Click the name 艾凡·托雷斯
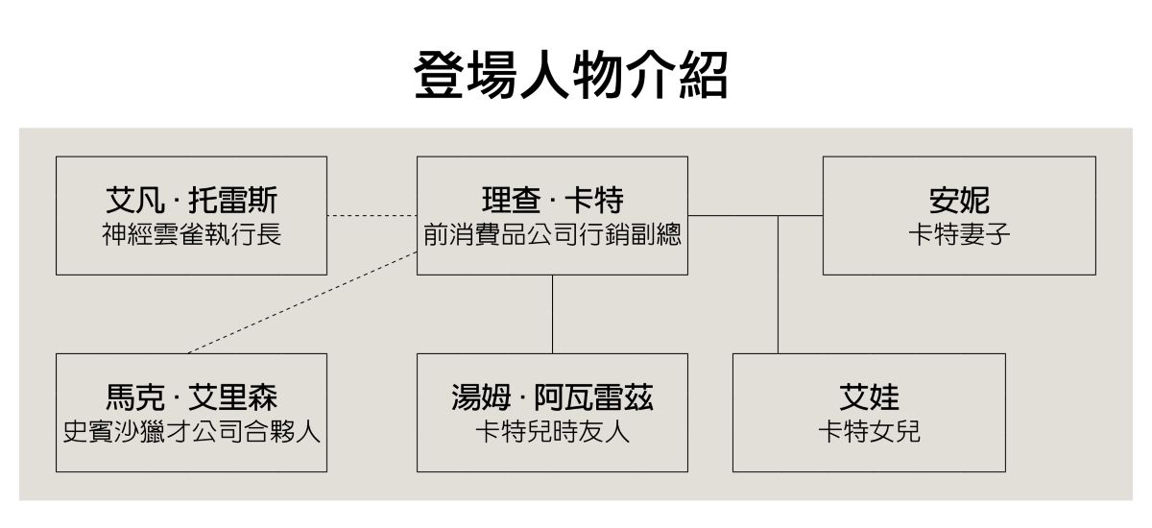(191, 201)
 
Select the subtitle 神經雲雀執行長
(191, 234)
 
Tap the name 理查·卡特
(552, 201)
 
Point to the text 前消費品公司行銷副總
(552, 234)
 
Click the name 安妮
(959, 201)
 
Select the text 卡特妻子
(959, 234)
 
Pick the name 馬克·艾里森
(191, 397)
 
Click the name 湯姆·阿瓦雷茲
(552, 397)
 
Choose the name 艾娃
(869, 397)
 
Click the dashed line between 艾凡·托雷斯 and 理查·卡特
(372, 215)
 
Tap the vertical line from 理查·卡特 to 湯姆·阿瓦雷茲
(552, 314)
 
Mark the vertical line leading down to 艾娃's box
(778, 288)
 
